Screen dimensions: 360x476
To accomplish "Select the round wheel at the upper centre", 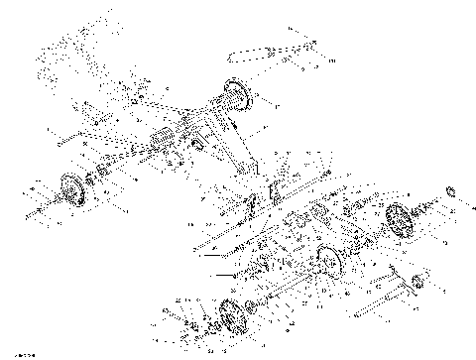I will pos(234,97).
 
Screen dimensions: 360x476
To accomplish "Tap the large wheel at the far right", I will pos(398,218).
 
